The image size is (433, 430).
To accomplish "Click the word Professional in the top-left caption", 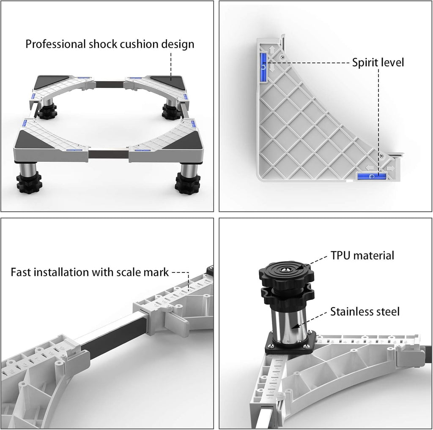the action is [x=55, y=44].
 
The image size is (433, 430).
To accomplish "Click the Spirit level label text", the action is [x=378, y=63].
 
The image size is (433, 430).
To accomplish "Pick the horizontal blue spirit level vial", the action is [x=372, y=176].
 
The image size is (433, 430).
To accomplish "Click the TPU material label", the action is [x=362, y=255].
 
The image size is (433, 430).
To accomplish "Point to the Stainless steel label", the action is [x=365, y=311].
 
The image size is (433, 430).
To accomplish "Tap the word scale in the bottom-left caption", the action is [x=128, y=272].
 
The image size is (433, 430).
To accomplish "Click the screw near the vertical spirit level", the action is [x=282, y=57].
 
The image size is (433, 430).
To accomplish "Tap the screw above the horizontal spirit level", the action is [x=381, y=156].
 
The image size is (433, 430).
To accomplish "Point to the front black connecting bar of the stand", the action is [x=109, y=154].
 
